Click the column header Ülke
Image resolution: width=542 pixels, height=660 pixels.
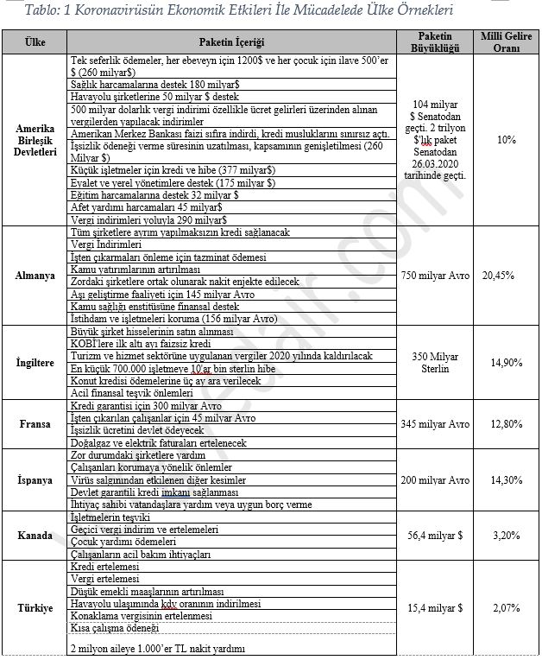(x=35, y=42)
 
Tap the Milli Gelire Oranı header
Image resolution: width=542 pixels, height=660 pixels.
(x=506, y=42)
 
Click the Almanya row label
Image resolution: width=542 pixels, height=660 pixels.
(x=35, y=275)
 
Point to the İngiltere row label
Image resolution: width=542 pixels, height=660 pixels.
(x=35, y=362)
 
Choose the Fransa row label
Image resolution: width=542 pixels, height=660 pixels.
(x=35, y=424)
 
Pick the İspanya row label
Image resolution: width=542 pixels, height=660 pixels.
(x=35, y=479)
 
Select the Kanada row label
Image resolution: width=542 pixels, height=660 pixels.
(x=35, y=536)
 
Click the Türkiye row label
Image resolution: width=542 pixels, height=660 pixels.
(x=35, y=608)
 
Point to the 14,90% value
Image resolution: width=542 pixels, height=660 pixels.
(x=506, y=362)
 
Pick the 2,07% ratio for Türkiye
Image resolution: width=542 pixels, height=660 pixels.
(x=506, y=608)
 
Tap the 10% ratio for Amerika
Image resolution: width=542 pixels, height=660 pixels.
(x=506, y=139)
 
